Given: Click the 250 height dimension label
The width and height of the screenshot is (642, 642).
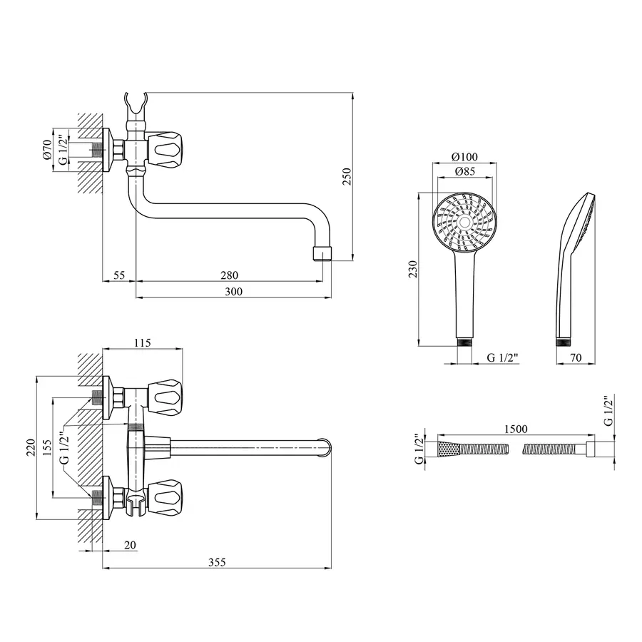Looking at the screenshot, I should click(347, 177).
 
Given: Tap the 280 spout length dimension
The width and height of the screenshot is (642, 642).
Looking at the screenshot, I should click(228, 275).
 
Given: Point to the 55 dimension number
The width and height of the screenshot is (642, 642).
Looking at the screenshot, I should click(119, 275).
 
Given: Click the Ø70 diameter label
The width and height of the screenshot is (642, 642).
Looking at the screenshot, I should click(47, 149).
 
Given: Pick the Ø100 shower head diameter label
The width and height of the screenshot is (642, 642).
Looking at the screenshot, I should click(464, 158).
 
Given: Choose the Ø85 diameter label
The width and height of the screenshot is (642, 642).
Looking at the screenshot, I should click(464, 172).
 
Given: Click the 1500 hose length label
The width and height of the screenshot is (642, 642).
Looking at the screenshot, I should click(515, 429).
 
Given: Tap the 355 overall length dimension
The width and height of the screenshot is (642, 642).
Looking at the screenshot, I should click(217, 562).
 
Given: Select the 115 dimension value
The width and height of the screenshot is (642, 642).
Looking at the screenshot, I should click(142, 343).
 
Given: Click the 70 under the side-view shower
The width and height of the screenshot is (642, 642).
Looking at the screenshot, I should click(574, 357).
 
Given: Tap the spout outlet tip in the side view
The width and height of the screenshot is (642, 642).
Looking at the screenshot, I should click(323, 253).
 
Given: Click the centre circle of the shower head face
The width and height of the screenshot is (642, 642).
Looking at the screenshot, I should click(464, 223).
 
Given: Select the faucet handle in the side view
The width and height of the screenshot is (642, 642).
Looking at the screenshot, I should click(169, 148).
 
